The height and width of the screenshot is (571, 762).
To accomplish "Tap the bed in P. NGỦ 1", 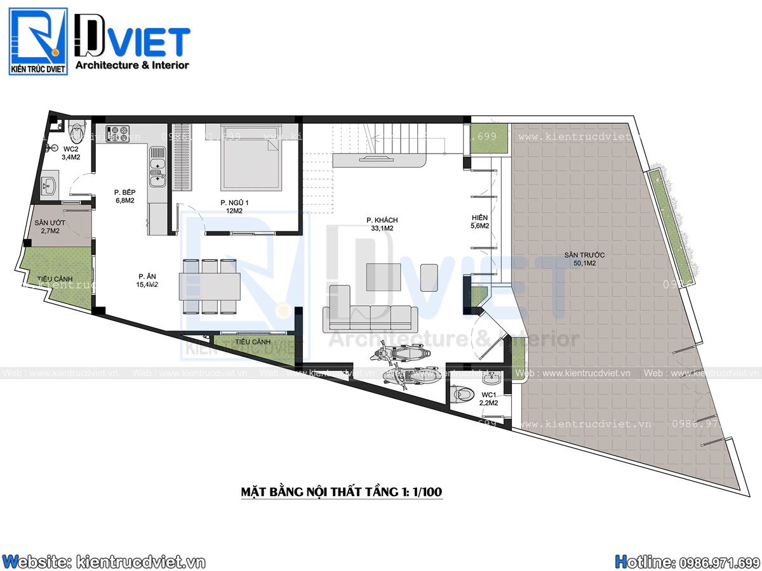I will pos(251,157).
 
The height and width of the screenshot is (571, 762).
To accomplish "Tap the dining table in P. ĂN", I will pos(210,286).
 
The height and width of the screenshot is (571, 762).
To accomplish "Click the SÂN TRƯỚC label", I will pos(584,254).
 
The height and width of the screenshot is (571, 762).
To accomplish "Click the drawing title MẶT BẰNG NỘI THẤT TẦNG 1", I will pos(337,492).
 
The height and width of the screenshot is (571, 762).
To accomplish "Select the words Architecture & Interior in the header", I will pos(132,65).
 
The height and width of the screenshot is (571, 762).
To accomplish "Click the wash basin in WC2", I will pos(48,187).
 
